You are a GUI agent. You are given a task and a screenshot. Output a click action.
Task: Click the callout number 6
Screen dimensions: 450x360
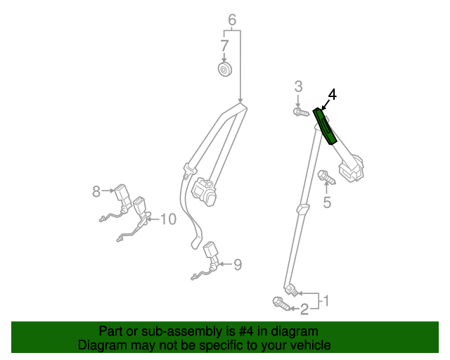pos(232,20)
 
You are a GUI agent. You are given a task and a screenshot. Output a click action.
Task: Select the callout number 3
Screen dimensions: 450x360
pos(298,86)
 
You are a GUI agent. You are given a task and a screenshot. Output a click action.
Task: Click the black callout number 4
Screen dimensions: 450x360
pos(333,94)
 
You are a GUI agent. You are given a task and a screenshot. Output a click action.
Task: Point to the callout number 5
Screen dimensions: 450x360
pos(327,203)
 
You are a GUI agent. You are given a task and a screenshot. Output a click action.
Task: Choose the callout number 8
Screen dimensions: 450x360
pos(96,190)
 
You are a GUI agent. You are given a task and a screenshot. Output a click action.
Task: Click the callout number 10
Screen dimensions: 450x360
pos(167,219)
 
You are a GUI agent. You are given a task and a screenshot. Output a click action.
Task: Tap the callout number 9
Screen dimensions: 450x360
pos(238,264)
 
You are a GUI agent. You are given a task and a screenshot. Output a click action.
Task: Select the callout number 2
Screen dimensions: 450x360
pos(304,308)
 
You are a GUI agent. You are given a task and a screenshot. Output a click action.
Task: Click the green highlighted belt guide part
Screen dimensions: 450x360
pos(326,125)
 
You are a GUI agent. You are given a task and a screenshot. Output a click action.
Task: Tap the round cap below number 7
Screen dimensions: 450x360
pos(225,70)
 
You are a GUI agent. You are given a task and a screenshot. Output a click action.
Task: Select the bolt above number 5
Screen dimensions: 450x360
pos(326,176)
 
